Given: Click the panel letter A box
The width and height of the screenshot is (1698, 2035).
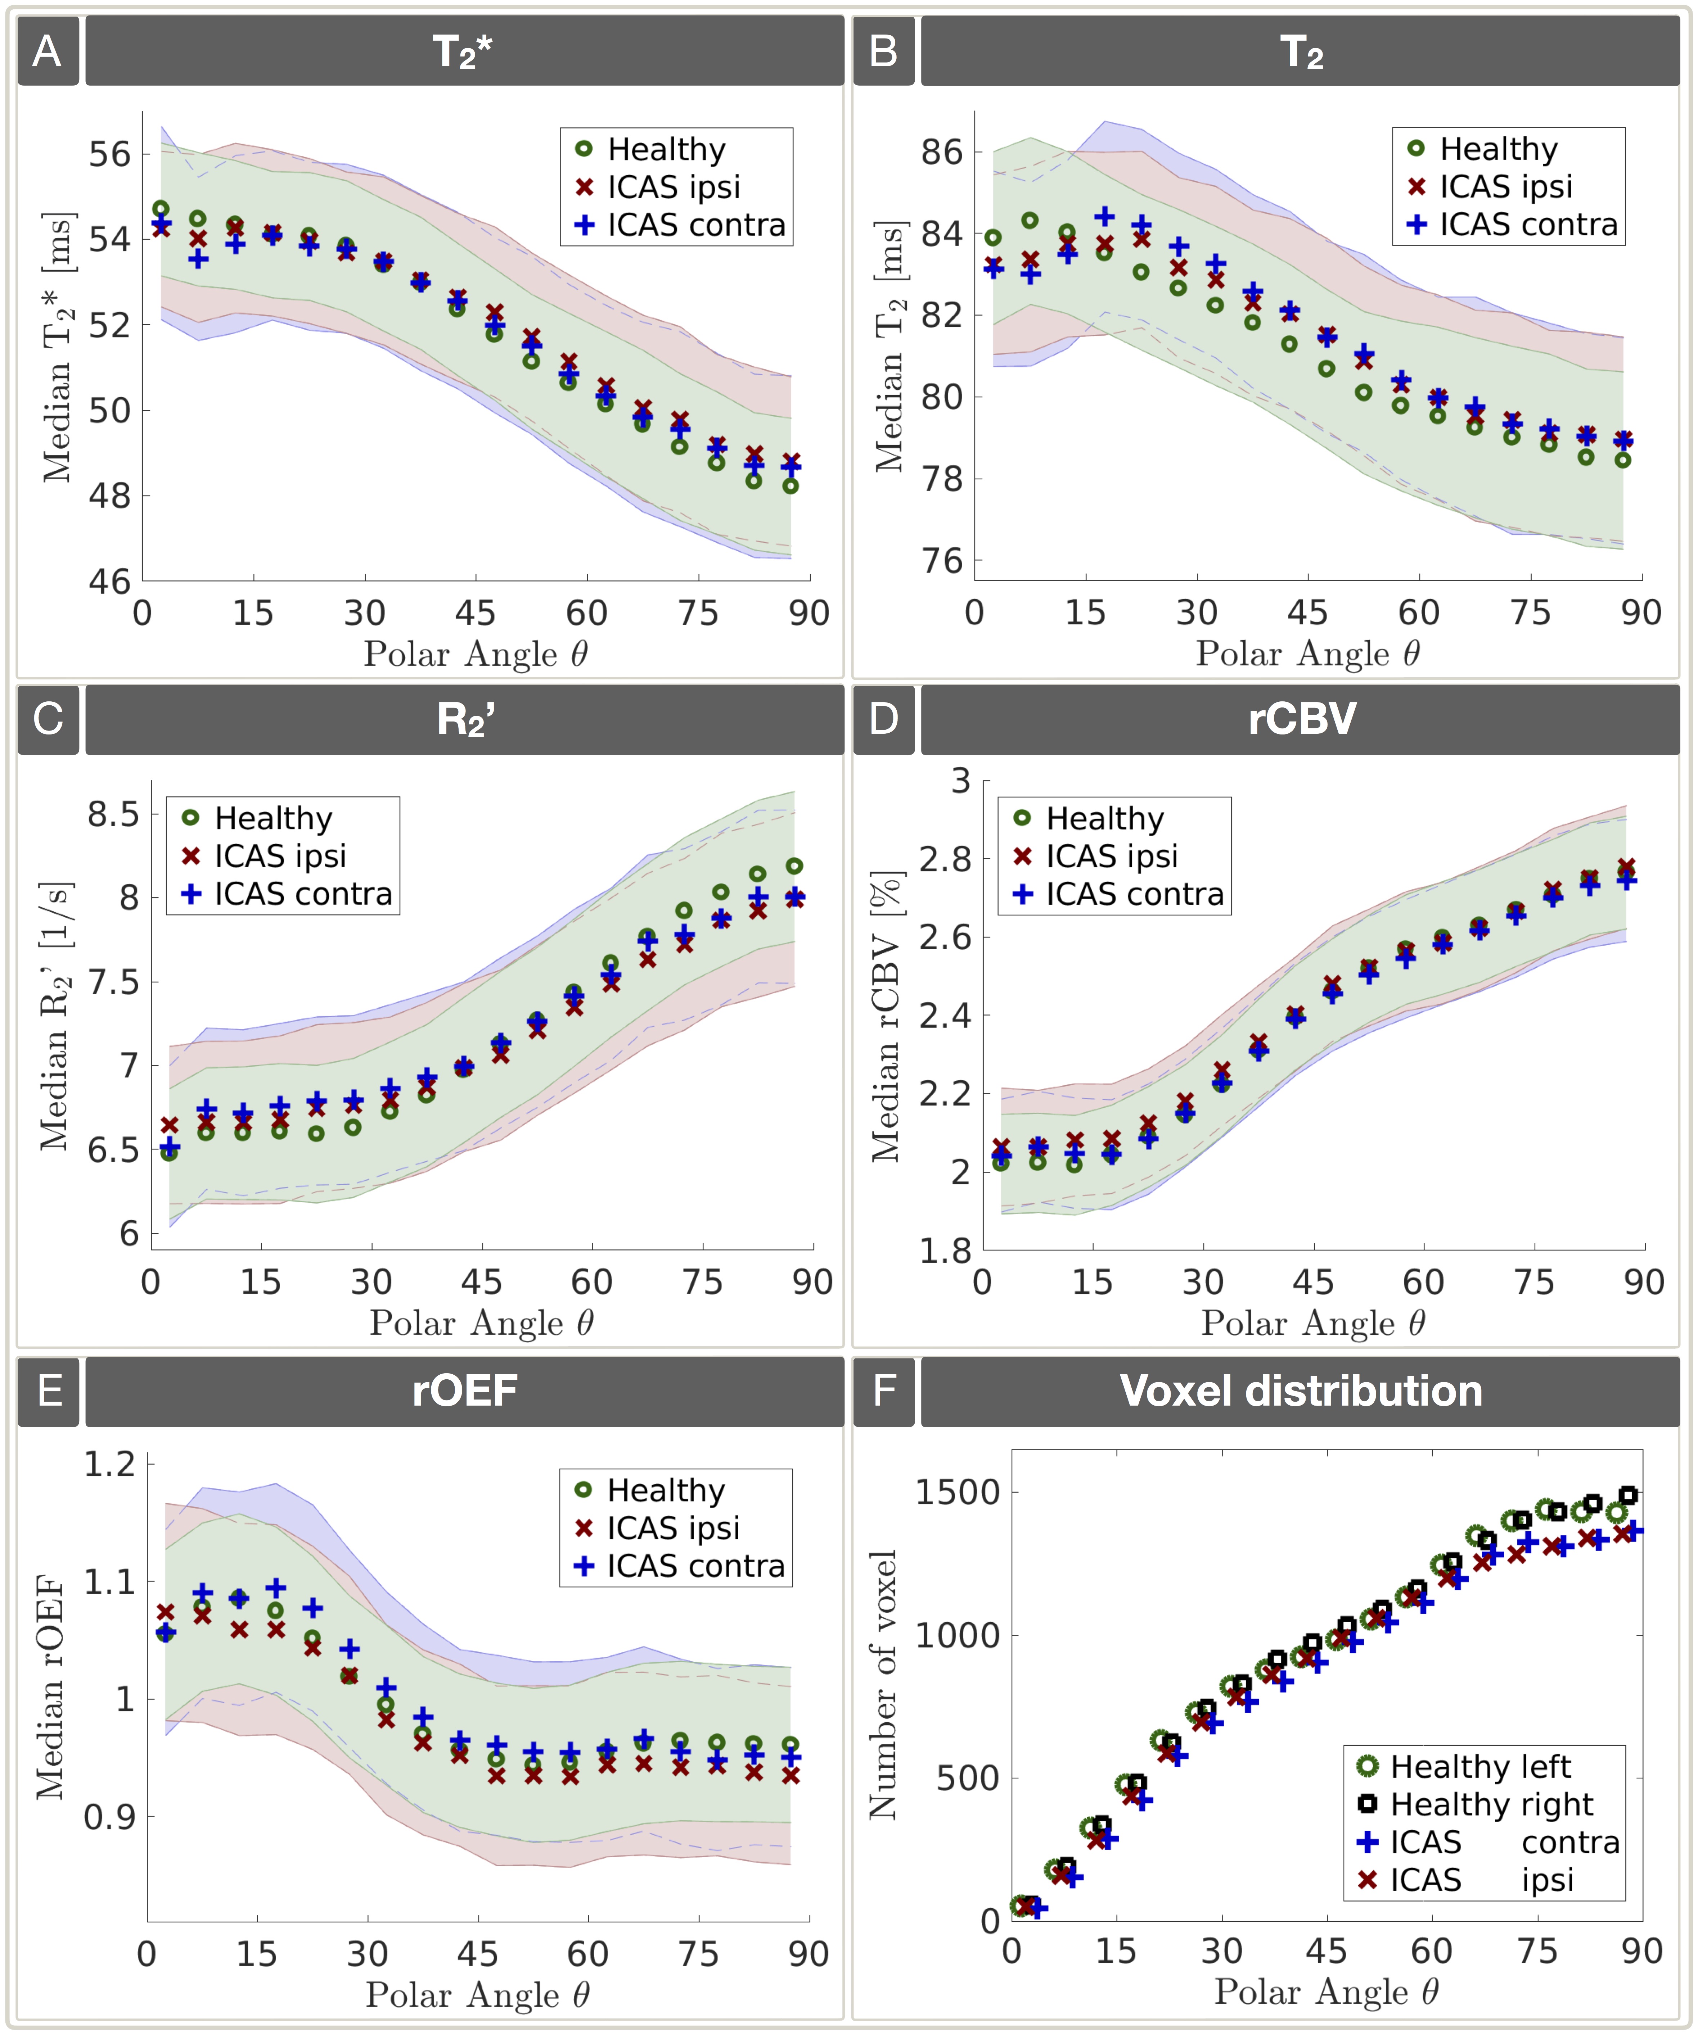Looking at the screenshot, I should click(x=48, y=50).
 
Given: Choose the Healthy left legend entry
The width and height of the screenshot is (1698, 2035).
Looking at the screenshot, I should click(x=1480, y=1765).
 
